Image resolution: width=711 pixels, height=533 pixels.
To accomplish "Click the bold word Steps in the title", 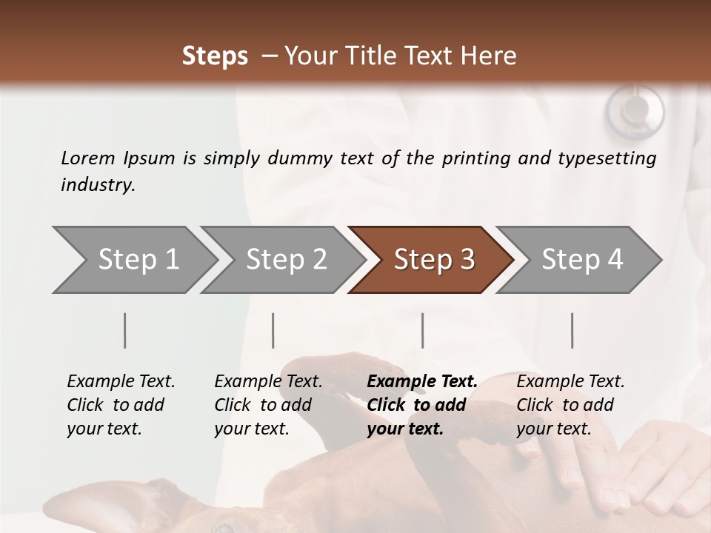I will (x=215, y=56).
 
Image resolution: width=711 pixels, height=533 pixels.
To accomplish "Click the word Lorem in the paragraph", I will (x=88, y=158).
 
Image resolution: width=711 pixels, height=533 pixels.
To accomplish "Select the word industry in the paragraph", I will (x=98, y=184).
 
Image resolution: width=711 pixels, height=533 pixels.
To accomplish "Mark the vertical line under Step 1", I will (x=125, y=330).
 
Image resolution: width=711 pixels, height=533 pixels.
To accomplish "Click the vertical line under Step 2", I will (x=273, y=330).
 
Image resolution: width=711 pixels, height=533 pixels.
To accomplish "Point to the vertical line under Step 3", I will (x=422, y=330).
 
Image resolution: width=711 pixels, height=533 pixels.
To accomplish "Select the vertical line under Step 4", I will (x=572, y=330).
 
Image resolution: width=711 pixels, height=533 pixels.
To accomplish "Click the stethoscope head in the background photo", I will (x=635, y=111).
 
